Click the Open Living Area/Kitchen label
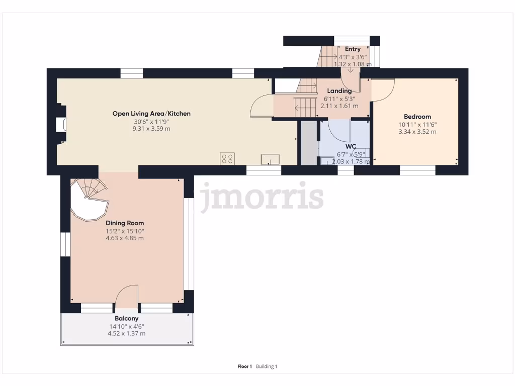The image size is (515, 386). pyautogui.click(x=151, y=114)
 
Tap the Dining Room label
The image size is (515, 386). pyautogui.click(x=125, y=223)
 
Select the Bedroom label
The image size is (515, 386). pyautogui.click(x=417, y=117)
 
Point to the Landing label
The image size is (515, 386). pyautogui.click(x=339, y=91)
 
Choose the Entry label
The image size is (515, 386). pyautogui.click(x=353, y=49)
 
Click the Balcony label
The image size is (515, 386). pyautogui.click(x=126, y=319)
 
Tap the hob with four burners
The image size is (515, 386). pyautogui.click(x=227, y=159)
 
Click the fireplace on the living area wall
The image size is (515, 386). pyautogui.click(x=61, y=124)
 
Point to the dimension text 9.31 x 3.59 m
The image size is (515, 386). pyautogui.click(x=151, y=129)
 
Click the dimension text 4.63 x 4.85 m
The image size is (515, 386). pyautogui.click(x=125, y=238)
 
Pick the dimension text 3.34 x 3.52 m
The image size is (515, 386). pyautogui.click(x=417, y=132)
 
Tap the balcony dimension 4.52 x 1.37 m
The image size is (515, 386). pyautogui.click(x=126, y=334)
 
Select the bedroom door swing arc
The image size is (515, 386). pyautogui.click(x=383, y=90)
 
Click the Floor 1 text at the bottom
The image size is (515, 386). pyautogui.click(x=244, y=366)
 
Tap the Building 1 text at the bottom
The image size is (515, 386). pyautogui.click(x=267, y=366)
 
